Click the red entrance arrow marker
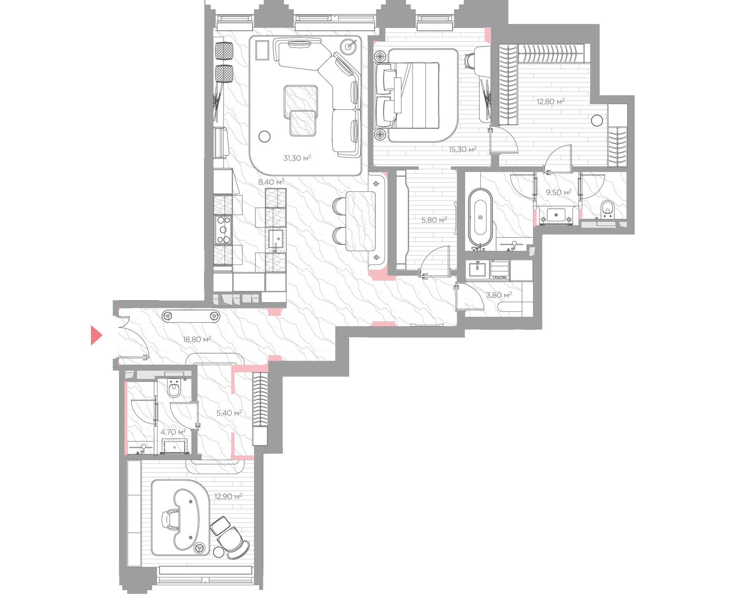click(96, 335)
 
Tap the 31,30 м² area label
click(297, 158)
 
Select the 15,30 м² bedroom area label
click(462, 149)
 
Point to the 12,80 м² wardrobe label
click(550, 101)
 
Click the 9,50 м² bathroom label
click(558, 192)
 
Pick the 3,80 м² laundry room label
click(499, 295)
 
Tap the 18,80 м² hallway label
click(197, 340)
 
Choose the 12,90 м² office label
click(228, 496)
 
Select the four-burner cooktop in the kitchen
click(223, 230)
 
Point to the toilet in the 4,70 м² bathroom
click(175, 388)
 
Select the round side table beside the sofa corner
click(350, 46)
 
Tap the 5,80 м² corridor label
click(434, 220)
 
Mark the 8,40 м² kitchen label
click(271, 182)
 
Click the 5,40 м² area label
click(229, 413)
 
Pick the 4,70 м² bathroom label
click(173, 432)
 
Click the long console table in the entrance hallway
click(191, 316)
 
